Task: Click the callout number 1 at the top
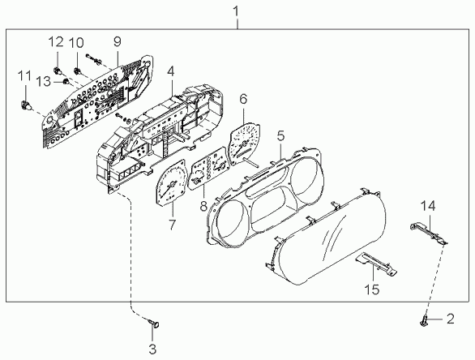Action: pos(236,12)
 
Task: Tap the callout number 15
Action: pos(372,289)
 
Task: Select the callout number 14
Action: pos(428,206)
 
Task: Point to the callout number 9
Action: pos(118,41)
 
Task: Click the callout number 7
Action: pos(172,225)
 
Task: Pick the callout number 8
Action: pos(203,206)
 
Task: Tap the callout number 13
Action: pos(44,81)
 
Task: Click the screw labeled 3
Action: pos(155,324)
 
